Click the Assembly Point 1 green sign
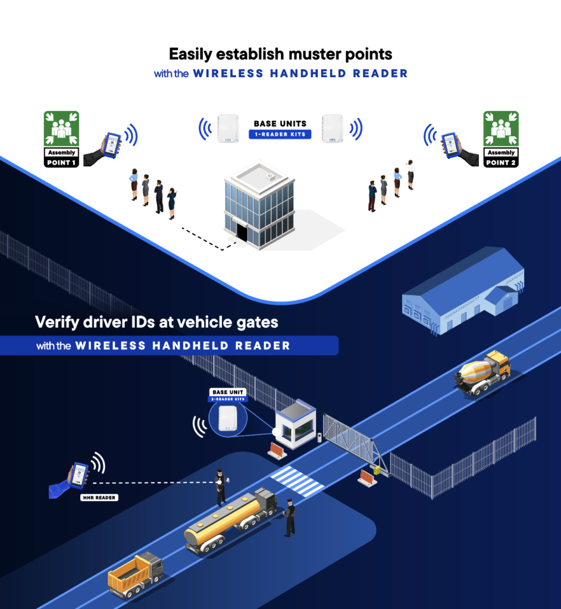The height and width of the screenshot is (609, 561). tap(61, 129)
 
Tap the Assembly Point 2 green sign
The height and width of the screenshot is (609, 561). tap(501, 129)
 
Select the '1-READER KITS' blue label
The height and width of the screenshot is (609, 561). tap(280, 134)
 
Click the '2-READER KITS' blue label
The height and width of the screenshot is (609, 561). tap(228, 399)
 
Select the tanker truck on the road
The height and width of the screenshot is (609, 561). tap(229, 522)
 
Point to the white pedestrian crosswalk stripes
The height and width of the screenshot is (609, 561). tap(297, 481)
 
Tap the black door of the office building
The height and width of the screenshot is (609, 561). tap(242, 233)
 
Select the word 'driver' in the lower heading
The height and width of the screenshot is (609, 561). tap(117, 322)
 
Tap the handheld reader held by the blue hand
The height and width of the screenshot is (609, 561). tap(79, 474)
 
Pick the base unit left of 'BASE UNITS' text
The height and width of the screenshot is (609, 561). tap(228, 128)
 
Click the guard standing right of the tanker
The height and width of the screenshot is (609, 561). tap(290, 517)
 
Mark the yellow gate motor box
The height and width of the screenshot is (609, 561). tap(376, 470)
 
